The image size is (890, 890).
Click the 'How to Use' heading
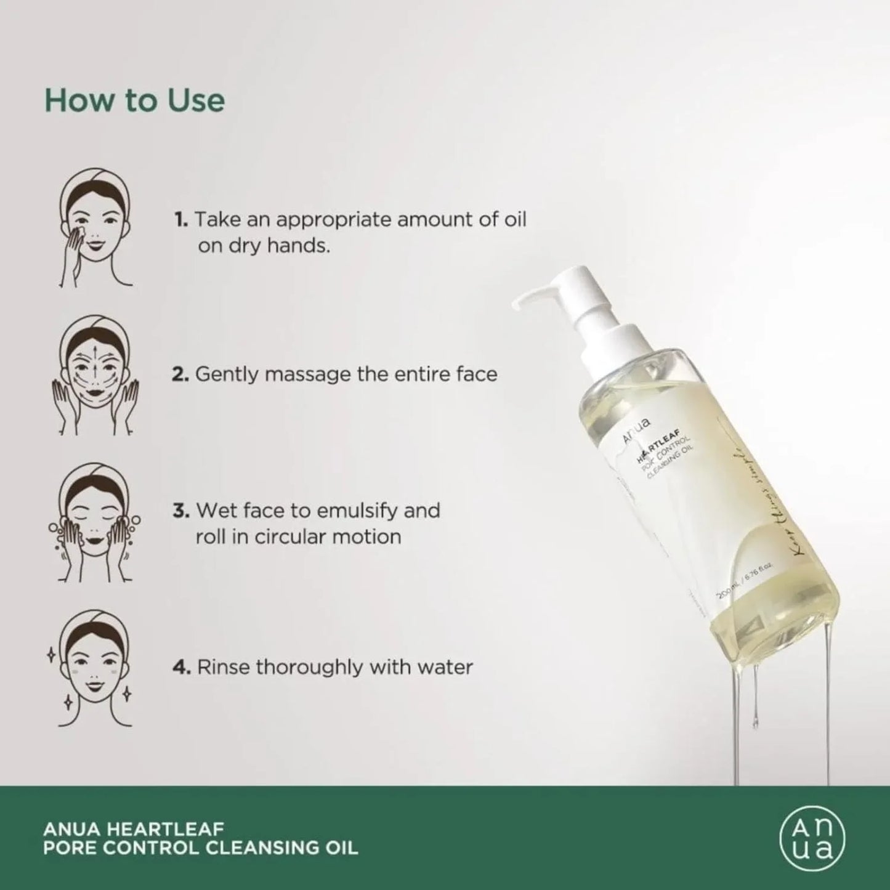click(x=134, y=100)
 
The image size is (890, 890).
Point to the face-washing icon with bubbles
click(x=95, y=524)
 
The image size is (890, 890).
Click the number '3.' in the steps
click(x=180, y=511)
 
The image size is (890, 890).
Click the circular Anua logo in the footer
click(x=812, y=838)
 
